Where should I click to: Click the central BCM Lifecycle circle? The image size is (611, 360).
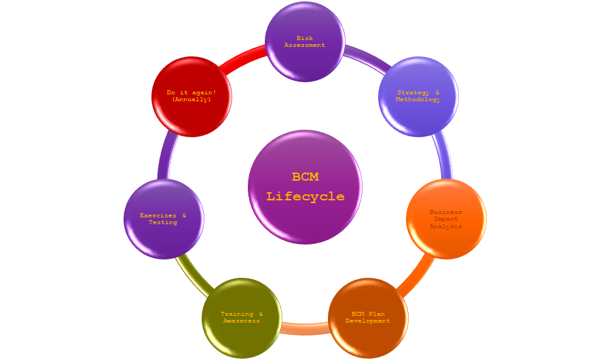coord(305,187)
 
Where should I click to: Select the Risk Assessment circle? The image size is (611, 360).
coord(305,41)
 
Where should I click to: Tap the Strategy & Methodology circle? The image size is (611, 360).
coord(418,96)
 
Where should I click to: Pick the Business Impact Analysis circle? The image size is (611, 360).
coord(446,219)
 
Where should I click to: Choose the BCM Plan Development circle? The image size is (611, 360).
coord(368,318)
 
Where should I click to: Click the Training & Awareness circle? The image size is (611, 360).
coord(242,318)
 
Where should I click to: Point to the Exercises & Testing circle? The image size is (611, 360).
coord(164,219)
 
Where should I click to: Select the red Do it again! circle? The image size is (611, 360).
coord(191,96)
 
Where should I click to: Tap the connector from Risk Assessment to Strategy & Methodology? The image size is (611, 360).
coord(367,59)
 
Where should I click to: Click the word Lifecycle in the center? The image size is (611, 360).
coord(305,197)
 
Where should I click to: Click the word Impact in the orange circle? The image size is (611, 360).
coord(446,219)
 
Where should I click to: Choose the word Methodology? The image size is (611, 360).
coord(418,100)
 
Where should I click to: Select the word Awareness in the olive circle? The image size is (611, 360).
coord(242,321)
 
